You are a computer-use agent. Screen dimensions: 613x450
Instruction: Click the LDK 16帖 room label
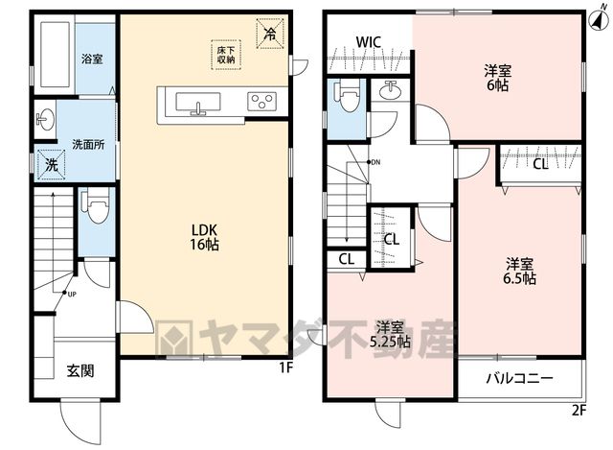click(x=204, y=237)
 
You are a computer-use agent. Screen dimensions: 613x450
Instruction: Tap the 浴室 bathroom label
click(x=92, y=59)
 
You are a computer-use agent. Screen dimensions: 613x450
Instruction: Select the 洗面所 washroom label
click(x=88, y=145)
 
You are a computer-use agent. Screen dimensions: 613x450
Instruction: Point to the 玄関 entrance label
click(x=80, y=370)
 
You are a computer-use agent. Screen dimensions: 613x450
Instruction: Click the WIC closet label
click(x=369, y=42)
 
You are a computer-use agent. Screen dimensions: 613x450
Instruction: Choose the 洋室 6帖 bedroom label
click(x=498, y=79)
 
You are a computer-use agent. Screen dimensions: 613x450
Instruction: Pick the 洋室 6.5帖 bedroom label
click(x=519, y=271)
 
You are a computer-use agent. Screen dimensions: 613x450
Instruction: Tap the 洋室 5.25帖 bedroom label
click(x=390, y=335)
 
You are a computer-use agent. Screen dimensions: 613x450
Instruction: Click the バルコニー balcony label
click(x=520, y=378)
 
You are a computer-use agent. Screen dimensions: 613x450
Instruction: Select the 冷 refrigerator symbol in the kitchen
click(x=270, y=34)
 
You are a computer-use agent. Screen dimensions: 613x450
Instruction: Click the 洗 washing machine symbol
click(x=51, y=164)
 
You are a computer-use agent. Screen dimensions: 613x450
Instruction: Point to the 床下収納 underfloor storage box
click(x=226, y=55)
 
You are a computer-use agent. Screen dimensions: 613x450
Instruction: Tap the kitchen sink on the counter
click(x=198, y=104)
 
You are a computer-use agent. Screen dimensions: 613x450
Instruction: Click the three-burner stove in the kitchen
click(x=261, y=102)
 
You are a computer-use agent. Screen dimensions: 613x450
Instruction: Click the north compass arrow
click(x=597, y=17)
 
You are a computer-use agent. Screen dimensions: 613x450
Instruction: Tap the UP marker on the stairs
click(x=69, y=294)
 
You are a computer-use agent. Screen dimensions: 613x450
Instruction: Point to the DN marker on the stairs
click(x=374, y=162)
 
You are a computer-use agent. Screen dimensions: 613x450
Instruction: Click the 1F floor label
click(x=285, y=367)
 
